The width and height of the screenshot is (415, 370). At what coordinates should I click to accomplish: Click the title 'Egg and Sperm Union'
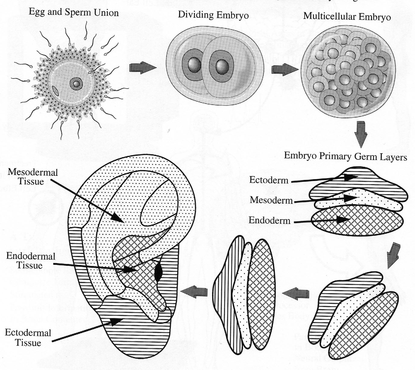point(74,13)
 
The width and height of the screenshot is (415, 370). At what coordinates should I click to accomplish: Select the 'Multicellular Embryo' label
point(347,16)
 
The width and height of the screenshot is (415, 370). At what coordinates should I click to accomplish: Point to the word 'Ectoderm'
point(269,180)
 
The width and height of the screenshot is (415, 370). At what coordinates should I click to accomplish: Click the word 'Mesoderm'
point(271,200)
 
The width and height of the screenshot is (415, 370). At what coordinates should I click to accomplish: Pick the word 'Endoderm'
point(269,220)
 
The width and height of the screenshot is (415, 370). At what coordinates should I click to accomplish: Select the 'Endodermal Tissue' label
point(30,261)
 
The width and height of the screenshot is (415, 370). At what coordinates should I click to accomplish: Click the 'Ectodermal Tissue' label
point(28,338)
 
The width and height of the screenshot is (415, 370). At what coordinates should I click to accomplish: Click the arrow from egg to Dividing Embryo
point(143,68)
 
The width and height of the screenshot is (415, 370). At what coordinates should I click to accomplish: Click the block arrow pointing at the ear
point(194,292)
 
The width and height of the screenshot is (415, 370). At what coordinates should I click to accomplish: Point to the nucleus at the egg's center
point(76,84)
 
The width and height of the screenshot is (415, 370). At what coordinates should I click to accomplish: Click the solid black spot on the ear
point(158,271)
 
